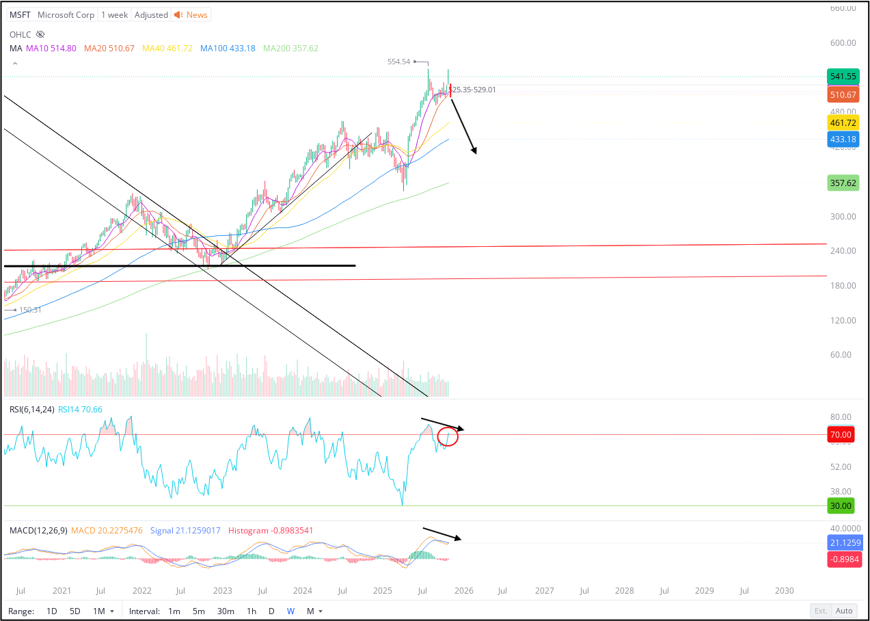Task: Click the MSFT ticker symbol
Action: coord(20,14)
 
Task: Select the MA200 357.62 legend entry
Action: coord(290,49)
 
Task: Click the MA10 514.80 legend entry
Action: coord(51,49)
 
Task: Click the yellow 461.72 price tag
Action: coord(842,123)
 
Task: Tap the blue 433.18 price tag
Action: coord(842,140)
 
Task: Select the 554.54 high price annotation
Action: coord(398,62)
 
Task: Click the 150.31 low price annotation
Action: coord(30,310)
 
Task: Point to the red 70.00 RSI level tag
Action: coord(840,434)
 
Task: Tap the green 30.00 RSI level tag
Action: coord(840,506)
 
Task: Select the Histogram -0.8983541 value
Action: coord(271,531)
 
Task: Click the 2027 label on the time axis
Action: coord(544,590)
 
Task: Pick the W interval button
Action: coord(290,611)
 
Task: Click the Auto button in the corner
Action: coord(844,611)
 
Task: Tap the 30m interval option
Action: coord(226,611)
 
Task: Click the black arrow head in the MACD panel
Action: coord(459,539)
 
